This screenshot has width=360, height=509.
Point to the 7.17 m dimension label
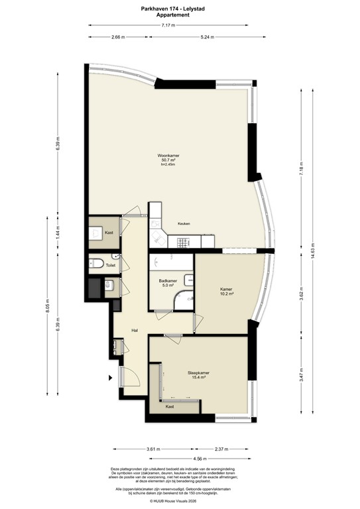pos(168,25)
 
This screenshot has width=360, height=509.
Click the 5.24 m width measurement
pos(208,37)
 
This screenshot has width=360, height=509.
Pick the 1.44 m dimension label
pos(58,233)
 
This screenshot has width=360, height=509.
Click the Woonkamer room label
pos(168,155)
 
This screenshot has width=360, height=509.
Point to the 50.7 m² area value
pos(168,160)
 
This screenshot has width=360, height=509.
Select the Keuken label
pos(184,223)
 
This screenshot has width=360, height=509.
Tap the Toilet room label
pos(110,265)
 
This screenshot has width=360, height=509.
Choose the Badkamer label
pos(168,281)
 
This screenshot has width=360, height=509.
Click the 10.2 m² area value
pos(227,294)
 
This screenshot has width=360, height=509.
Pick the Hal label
pos(135,329)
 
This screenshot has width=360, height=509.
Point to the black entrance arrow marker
pos(111,378)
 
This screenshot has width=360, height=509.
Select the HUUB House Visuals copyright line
pos(180,501)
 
